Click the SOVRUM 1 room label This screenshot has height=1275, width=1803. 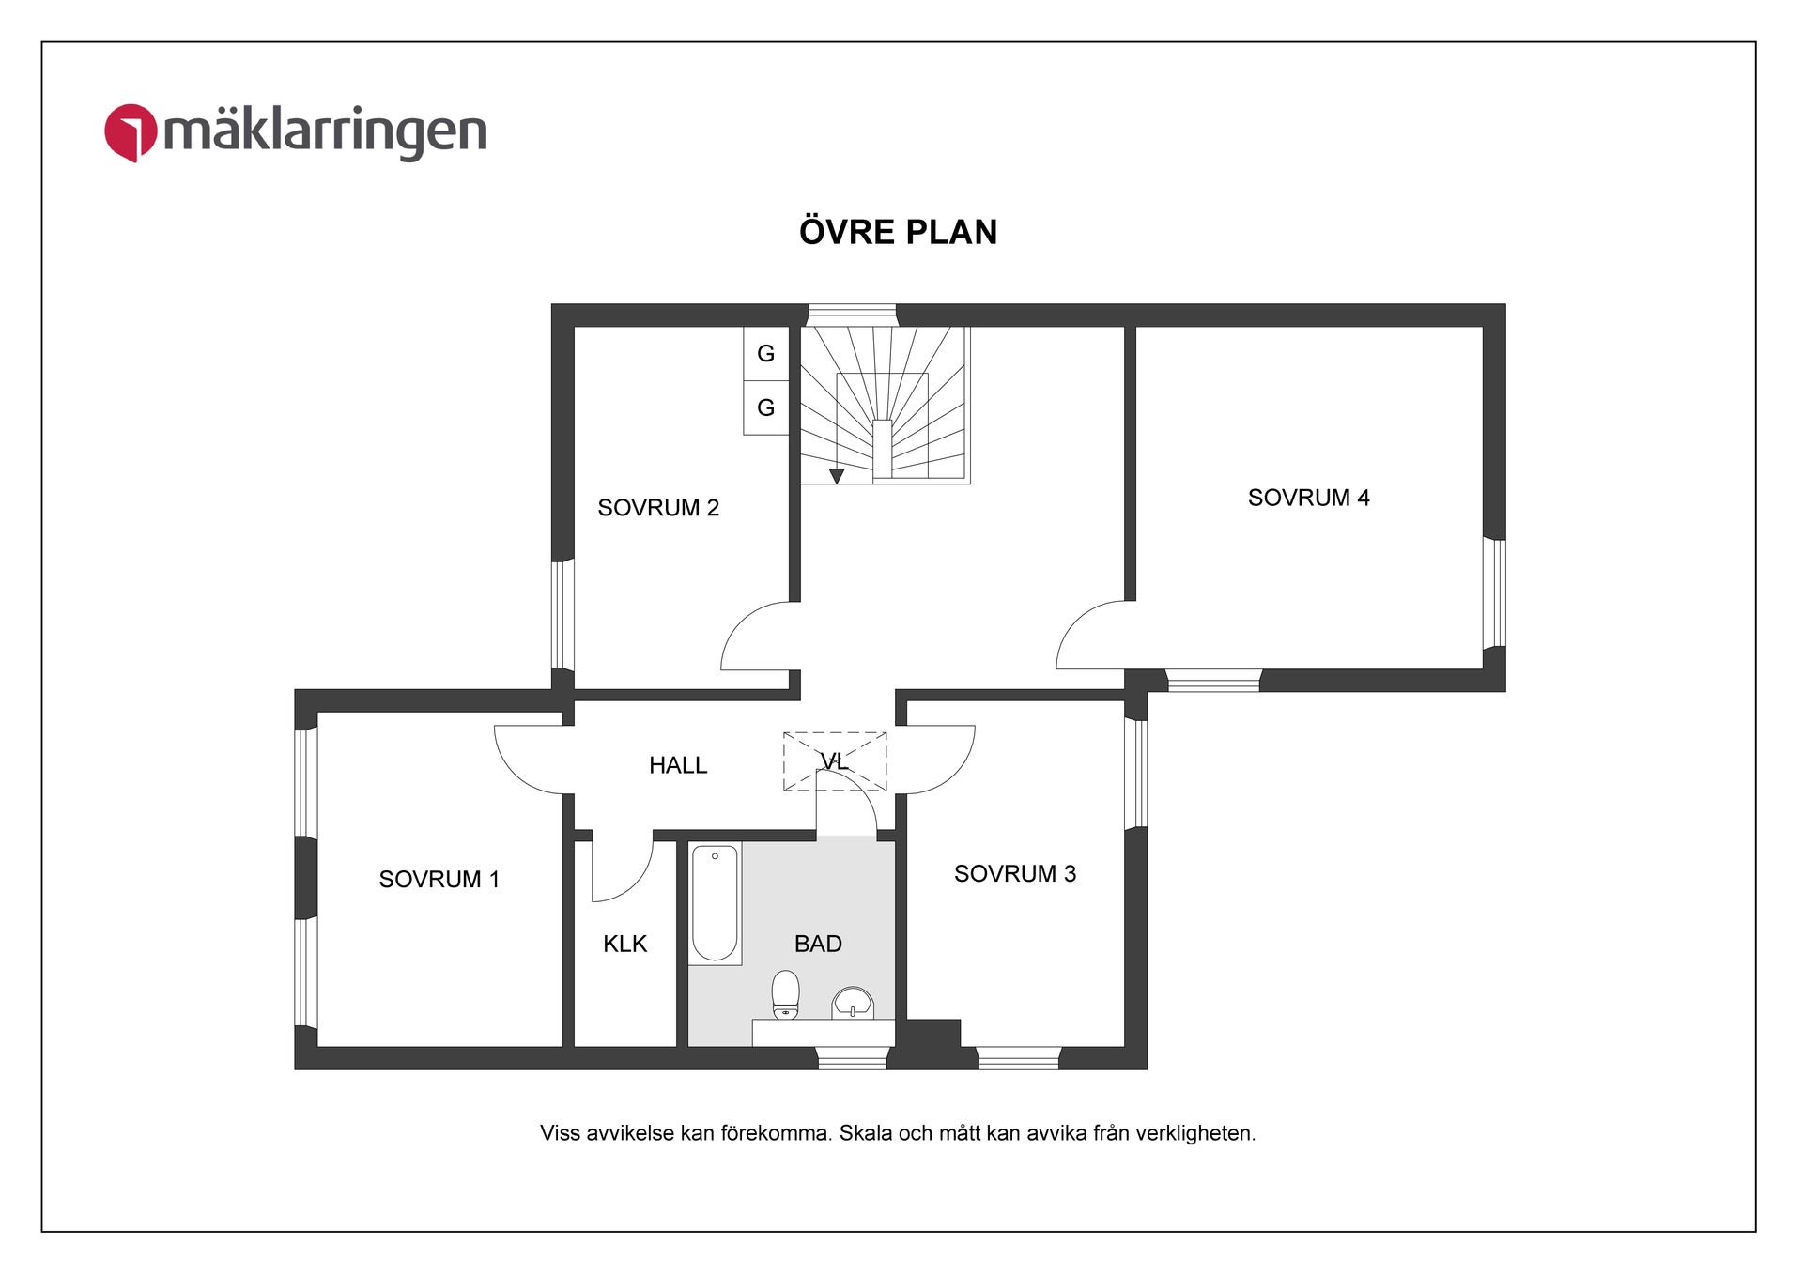439,880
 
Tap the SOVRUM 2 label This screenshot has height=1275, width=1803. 658,508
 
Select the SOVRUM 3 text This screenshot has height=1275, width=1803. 1015,874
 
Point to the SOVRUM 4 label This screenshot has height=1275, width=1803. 1308,498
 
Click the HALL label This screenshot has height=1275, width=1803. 678,765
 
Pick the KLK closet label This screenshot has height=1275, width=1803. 625,944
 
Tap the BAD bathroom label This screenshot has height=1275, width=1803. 818,944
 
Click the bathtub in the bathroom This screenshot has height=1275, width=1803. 715,903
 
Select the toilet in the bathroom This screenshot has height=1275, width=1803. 785,994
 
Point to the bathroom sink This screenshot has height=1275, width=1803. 853,1004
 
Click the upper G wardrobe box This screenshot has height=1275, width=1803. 766,354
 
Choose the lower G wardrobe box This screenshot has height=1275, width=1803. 766,407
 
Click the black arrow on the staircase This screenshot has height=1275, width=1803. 837,476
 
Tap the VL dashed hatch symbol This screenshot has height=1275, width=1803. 835,760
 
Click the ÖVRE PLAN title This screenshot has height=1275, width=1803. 899,232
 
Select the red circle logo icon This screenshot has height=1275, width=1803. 131,132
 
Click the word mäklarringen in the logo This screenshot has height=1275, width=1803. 326,131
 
